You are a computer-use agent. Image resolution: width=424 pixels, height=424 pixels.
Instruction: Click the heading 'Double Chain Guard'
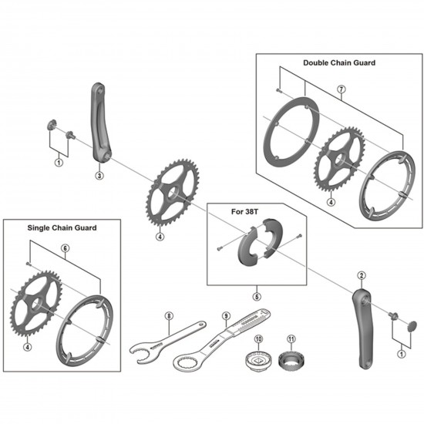point(338,62)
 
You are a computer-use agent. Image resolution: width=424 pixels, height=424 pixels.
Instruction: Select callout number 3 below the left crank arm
point(99,175)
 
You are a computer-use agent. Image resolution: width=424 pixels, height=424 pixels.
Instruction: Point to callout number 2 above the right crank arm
point(361,274)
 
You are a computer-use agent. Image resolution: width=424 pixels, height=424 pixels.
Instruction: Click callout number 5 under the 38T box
point(257,294)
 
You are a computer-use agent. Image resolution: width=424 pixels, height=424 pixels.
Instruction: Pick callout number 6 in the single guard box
point(65,247)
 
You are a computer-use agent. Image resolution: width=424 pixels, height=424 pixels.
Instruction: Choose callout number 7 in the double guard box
point(341,89)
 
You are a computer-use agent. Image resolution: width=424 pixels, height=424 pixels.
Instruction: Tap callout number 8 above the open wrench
point(169,315)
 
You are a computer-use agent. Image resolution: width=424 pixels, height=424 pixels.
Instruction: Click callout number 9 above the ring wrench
point(226,315)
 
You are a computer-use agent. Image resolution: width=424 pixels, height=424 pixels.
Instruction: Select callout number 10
point(258,339)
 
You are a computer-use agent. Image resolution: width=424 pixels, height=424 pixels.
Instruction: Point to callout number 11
point(291,339)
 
